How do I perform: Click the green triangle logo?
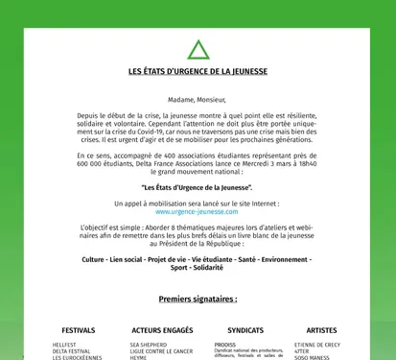[198, 50]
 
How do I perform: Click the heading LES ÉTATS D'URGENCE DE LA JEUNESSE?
[198, 72]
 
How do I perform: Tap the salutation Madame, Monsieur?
[198, 99]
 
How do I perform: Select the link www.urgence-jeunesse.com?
[198, 212]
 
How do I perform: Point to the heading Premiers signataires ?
[198, 299]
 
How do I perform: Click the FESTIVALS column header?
[79, 329]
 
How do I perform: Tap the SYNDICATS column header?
[245, 329]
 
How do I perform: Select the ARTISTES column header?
[322, 329]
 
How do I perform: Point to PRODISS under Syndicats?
[225, 344]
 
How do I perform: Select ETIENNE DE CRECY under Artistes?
[317, 344]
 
